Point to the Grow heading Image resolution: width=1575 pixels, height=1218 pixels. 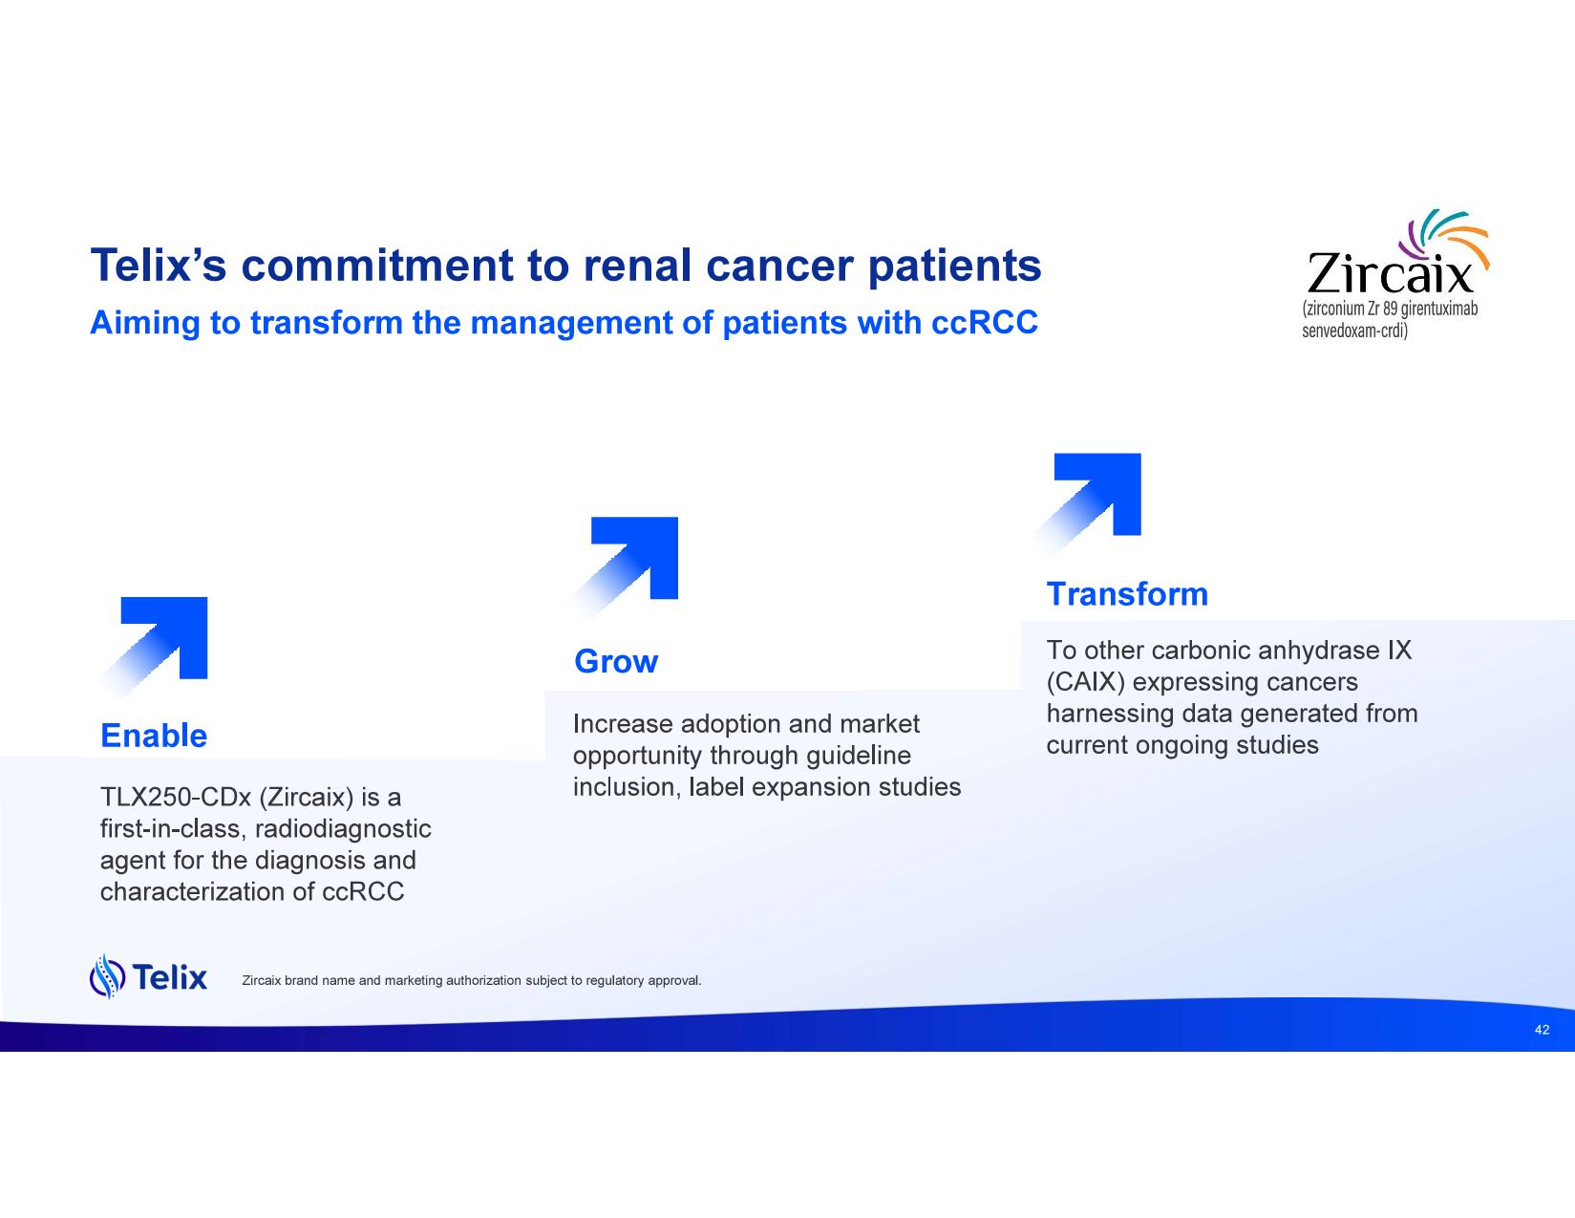tap(616, 661)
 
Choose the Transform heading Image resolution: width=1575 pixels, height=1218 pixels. tap(1128, 593)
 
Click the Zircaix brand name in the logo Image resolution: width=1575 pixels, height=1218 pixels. tap(1390, 272)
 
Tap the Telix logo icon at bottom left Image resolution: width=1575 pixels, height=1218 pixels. tap(107, 976)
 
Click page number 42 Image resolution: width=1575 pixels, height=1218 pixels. tap(1542, 1030)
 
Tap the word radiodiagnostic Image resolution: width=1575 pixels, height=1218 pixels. tap(343, 828)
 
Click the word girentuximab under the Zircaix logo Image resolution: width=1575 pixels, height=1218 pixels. tap(1438, 309)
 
